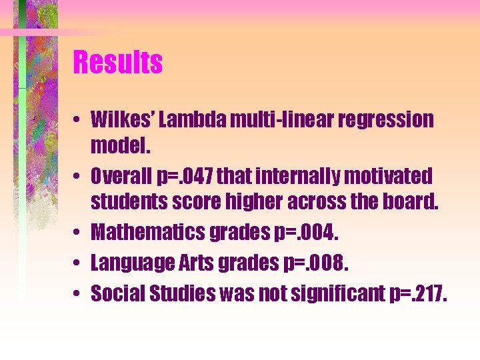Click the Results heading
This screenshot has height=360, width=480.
(x=118, y=63)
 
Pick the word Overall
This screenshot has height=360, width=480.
(x=122, y=177)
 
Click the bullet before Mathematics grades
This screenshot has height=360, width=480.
(x=77, y=233)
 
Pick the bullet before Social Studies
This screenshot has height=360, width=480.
(x=77, y=293)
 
